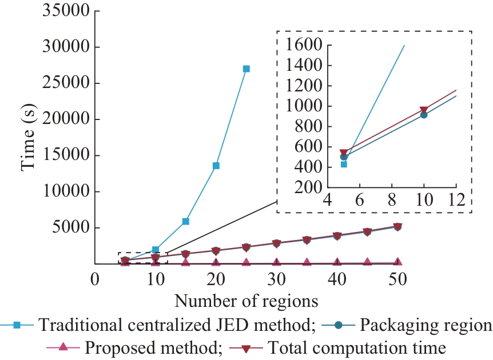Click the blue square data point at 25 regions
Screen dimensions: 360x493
[246, 69]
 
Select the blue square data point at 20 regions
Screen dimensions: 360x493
[216, 166]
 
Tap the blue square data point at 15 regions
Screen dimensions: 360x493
[186, 221]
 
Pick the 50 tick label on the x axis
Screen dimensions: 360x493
[397, 279]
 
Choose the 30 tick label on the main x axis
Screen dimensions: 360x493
[276, 279]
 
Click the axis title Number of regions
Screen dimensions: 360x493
[246, 300]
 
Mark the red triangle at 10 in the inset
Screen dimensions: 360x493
[424, 110]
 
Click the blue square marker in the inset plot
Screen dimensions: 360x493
[344, 164]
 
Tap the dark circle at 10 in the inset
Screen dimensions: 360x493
[424, 115]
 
